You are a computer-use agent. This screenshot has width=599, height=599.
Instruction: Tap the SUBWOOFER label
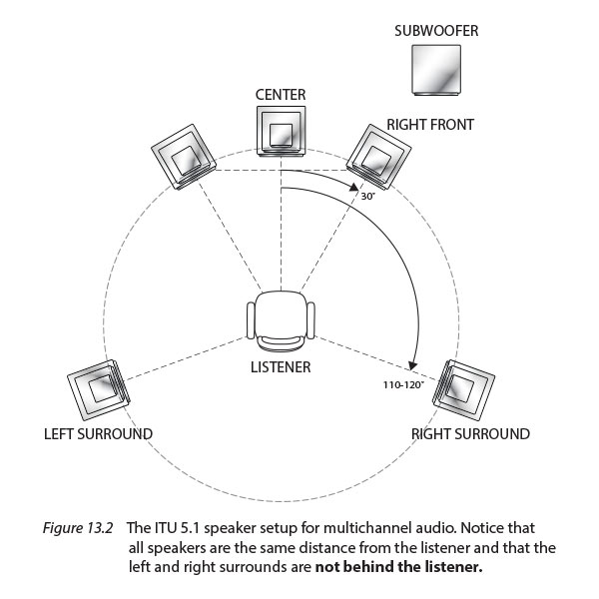[436, 31]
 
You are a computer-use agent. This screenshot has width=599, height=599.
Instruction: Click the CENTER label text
[281, 95]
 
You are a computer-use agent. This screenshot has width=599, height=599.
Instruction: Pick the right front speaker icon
[380, 155]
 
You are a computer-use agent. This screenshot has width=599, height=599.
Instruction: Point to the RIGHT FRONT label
[429, 125]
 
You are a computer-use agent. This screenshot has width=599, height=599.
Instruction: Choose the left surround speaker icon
[99, 385]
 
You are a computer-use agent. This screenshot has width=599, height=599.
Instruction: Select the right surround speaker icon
[462, 389]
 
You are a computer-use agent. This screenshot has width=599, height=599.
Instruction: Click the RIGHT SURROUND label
[470, 434]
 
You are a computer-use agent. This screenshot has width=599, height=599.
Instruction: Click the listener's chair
[282, 320]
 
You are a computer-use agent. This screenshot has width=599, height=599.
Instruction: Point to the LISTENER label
[281, 366]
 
